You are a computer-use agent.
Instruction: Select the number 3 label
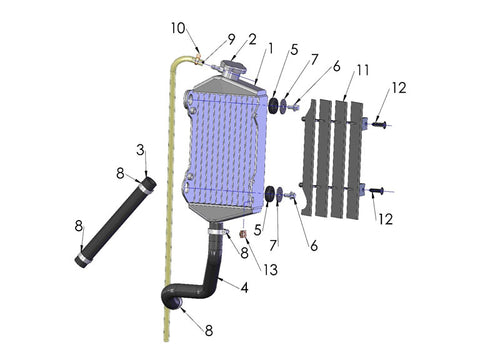(x=140, y=150)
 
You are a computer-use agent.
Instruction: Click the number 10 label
(x=177, y=27)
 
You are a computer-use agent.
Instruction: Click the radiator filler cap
(x=232, y=68)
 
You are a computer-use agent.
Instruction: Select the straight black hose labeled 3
(x=113, y=222)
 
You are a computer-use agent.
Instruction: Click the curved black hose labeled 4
(x=205, y=275)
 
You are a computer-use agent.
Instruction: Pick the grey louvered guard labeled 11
(x=333, y=155)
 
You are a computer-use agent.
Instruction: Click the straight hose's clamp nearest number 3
(x=148, y=184)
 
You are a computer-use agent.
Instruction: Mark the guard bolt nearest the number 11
(x=382, y=124)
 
